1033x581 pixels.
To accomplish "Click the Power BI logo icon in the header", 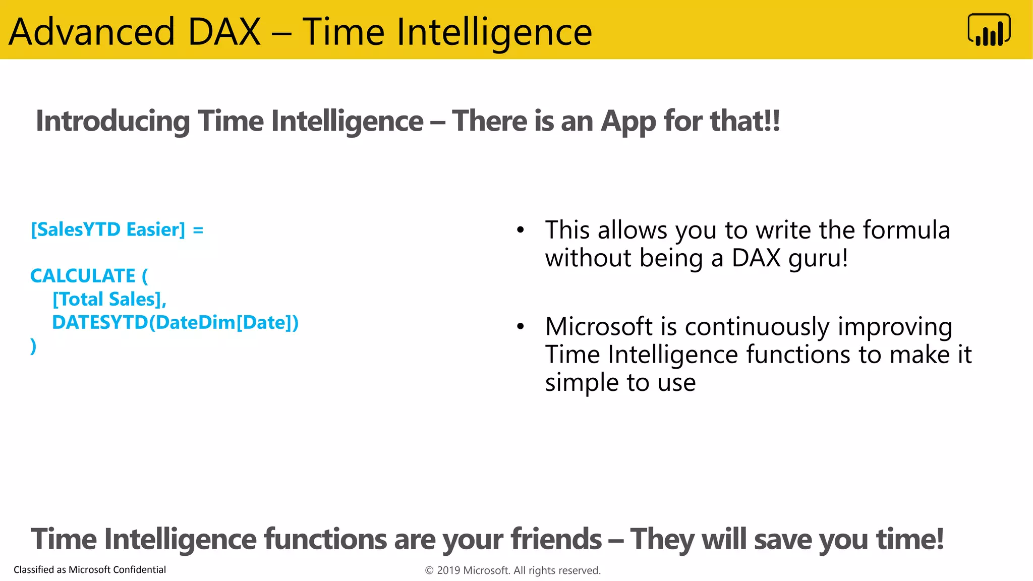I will [x=989, y=30].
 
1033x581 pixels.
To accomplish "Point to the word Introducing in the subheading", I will [x=112, y=122].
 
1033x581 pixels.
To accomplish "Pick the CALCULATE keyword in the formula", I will [x=83, y=276].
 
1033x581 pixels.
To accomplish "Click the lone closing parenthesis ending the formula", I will [x=33, y=346].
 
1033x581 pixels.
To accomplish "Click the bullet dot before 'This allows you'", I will [x=521, y=230].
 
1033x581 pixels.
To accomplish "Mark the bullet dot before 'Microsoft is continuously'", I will [x=521, y=327].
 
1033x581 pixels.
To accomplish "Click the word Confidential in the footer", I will [x=139, y=569].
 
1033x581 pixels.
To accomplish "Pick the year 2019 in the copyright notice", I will [x=448, y=570].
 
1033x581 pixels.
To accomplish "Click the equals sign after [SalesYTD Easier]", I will [x=198, y=230].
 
